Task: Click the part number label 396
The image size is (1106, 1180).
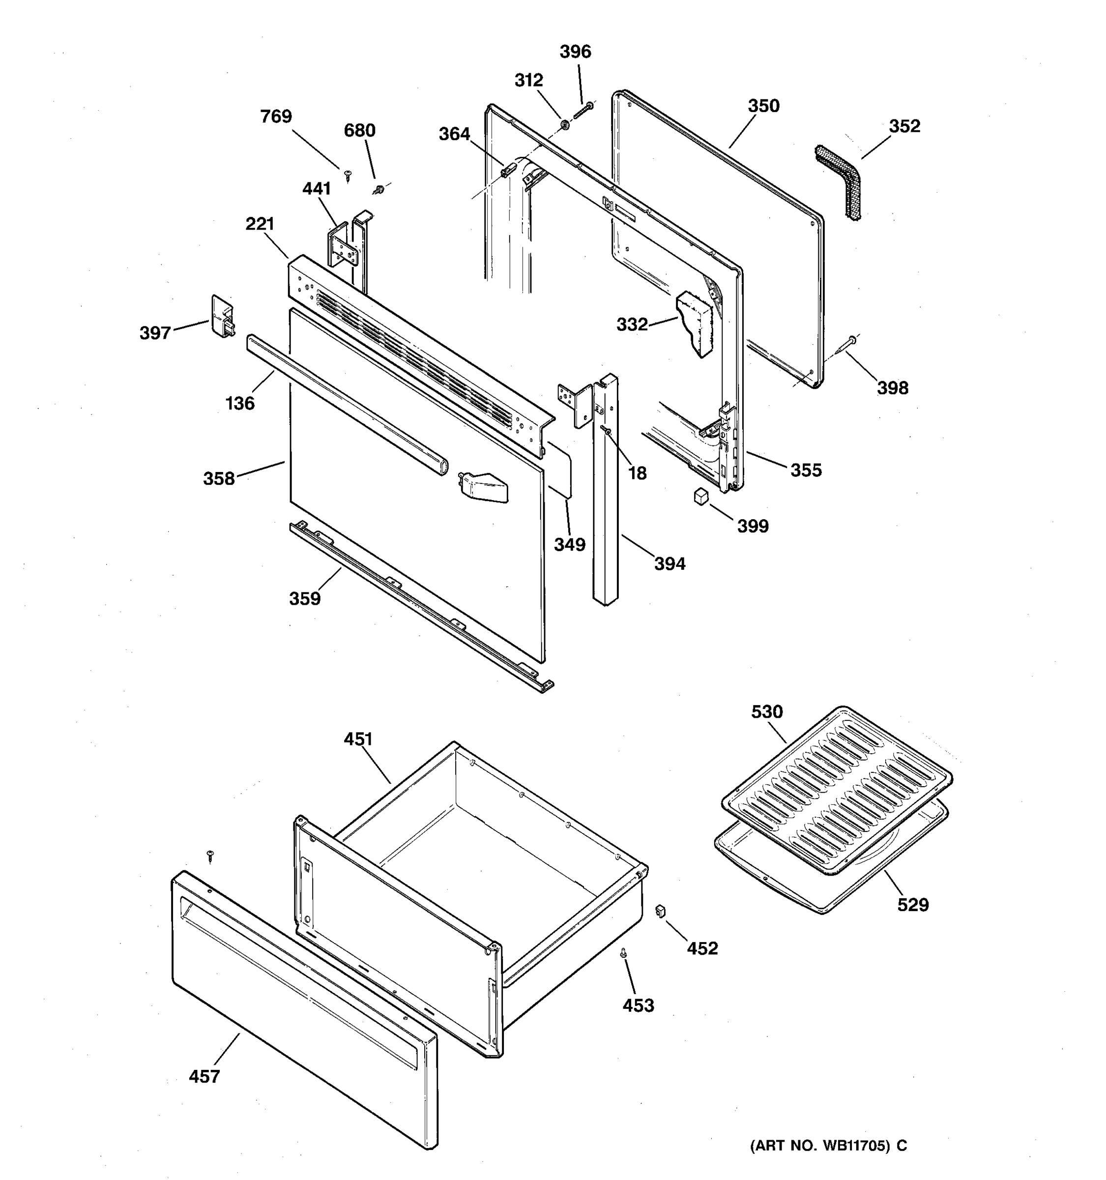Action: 575,52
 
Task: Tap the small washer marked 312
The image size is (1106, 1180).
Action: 565,125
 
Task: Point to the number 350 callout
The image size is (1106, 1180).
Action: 763,106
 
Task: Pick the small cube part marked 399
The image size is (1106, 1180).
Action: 701,496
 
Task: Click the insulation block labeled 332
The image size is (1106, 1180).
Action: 696,324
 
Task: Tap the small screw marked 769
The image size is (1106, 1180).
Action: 348,175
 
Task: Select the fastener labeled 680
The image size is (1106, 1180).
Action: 378,190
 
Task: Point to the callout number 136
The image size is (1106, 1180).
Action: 240,404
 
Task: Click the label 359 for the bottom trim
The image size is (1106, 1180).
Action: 304,598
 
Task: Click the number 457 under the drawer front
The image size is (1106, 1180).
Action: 204,1076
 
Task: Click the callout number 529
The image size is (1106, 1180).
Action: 912,905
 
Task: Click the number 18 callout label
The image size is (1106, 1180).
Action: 637,473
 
